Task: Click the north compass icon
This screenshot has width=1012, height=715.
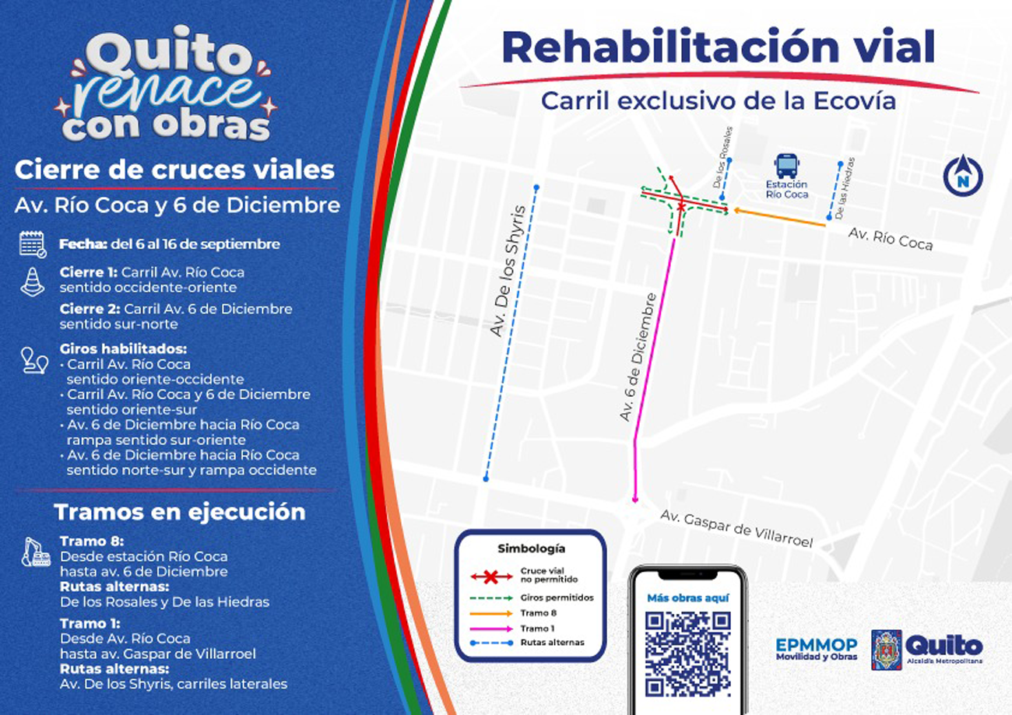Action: pos(962,176)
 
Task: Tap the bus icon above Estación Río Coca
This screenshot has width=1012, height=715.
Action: pos(785,166)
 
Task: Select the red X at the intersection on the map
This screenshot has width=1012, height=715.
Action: pos(682,206)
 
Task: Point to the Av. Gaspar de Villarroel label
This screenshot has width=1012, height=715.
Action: pos(736,528)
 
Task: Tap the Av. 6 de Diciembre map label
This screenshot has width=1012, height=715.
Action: pos(639,358)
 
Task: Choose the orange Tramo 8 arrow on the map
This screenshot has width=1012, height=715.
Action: pos(778,217)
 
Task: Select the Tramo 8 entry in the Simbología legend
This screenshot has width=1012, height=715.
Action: pos(529,613)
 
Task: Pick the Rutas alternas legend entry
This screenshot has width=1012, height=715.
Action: pos(529,643)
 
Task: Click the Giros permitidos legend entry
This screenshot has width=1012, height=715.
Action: pos(529,598)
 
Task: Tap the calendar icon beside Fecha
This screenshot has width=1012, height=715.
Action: pos(33,244)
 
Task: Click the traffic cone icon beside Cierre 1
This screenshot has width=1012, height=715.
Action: pos(33,282)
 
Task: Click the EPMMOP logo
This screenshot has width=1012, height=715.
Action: pos(816,649)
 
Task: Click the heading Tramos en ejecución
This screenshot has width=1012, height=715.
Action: pos(179,512)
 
